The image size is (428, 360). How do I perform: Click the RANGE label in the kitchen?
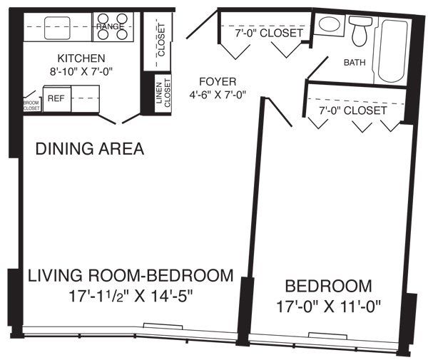[x=111, y=26]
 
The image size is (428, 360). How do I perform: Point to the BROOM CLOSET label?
[x=31, y=104]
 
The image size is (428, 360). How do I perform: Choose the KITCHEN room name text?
[x=82, y=58]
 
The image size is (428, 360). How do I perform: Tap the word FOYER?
[x=218, y=81]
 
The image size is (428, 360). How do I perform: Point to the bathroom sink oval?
[x=330, y=24]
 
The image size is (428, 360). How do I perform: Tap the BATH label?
[x=355, y=63]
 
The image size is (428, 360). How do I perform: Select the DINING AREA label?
[x=90, y=149]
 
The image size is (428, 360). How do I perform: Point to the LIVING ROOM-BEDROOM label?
[x=131, y=275]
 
